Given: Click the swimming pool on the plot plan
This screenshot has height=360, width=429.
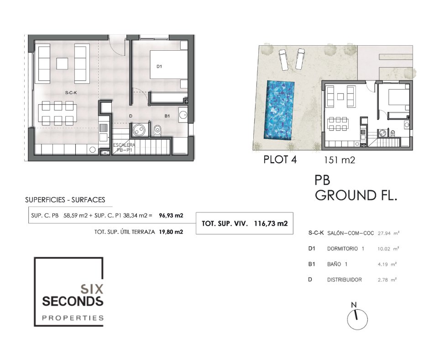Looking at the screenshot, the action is [x=279, y=110].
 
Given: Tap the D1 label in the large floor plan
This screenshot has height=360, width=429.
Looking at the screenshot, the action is [x=159, y=66].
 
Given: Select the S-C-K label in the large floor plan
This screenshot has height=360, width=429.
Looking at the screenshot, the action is [x=71, y=93].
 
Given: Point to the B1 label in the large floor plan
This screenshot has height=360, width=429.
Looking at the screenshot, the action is [x=167, y=116].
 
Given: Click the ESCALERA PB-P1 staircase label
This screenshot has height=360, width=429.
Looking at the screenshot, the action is [x=124, y=148].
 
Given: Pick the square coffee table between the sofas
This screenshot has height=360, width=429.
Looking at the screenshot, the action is [x=62, y=64].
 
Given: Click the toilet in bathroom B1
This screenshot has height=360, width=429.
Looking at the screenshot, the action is [x=157, y=130].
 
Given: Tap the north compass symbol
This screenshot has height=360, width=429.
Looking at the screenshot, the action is [x=357, y=317].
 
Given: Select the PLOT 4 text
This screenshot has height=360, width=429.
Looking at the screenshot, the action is [x=280, y=159].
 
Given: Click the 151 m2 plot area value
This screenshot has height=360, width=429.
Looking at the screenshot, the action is [x=340, y=160].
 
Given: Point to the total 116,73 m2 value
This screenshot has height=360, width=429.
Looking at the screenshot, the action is [x=271, y=223].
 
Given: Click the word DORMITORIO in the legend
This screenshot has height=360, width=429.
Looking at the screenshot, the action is [x=343, y=249].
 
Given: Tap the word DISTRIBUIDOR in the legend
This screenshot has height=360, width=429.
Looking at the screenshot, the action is [x=345, y=280].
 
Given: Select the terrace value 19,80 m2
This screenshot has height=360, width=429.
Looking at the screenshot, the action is [x=171, y=232].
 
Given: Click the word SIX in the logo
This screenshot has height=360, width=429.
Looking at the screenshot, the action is [x=92, y=289].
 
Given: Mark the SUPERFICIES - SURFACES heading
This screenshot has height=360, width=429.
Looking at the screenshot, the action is [x=65, y=200].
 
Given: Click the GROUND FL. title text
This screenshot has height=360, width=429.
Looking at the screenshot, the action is [x=356, y=195].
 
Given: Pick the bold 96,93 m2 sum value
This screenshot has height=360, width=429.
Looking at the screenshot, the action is [x=171, y=215].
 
